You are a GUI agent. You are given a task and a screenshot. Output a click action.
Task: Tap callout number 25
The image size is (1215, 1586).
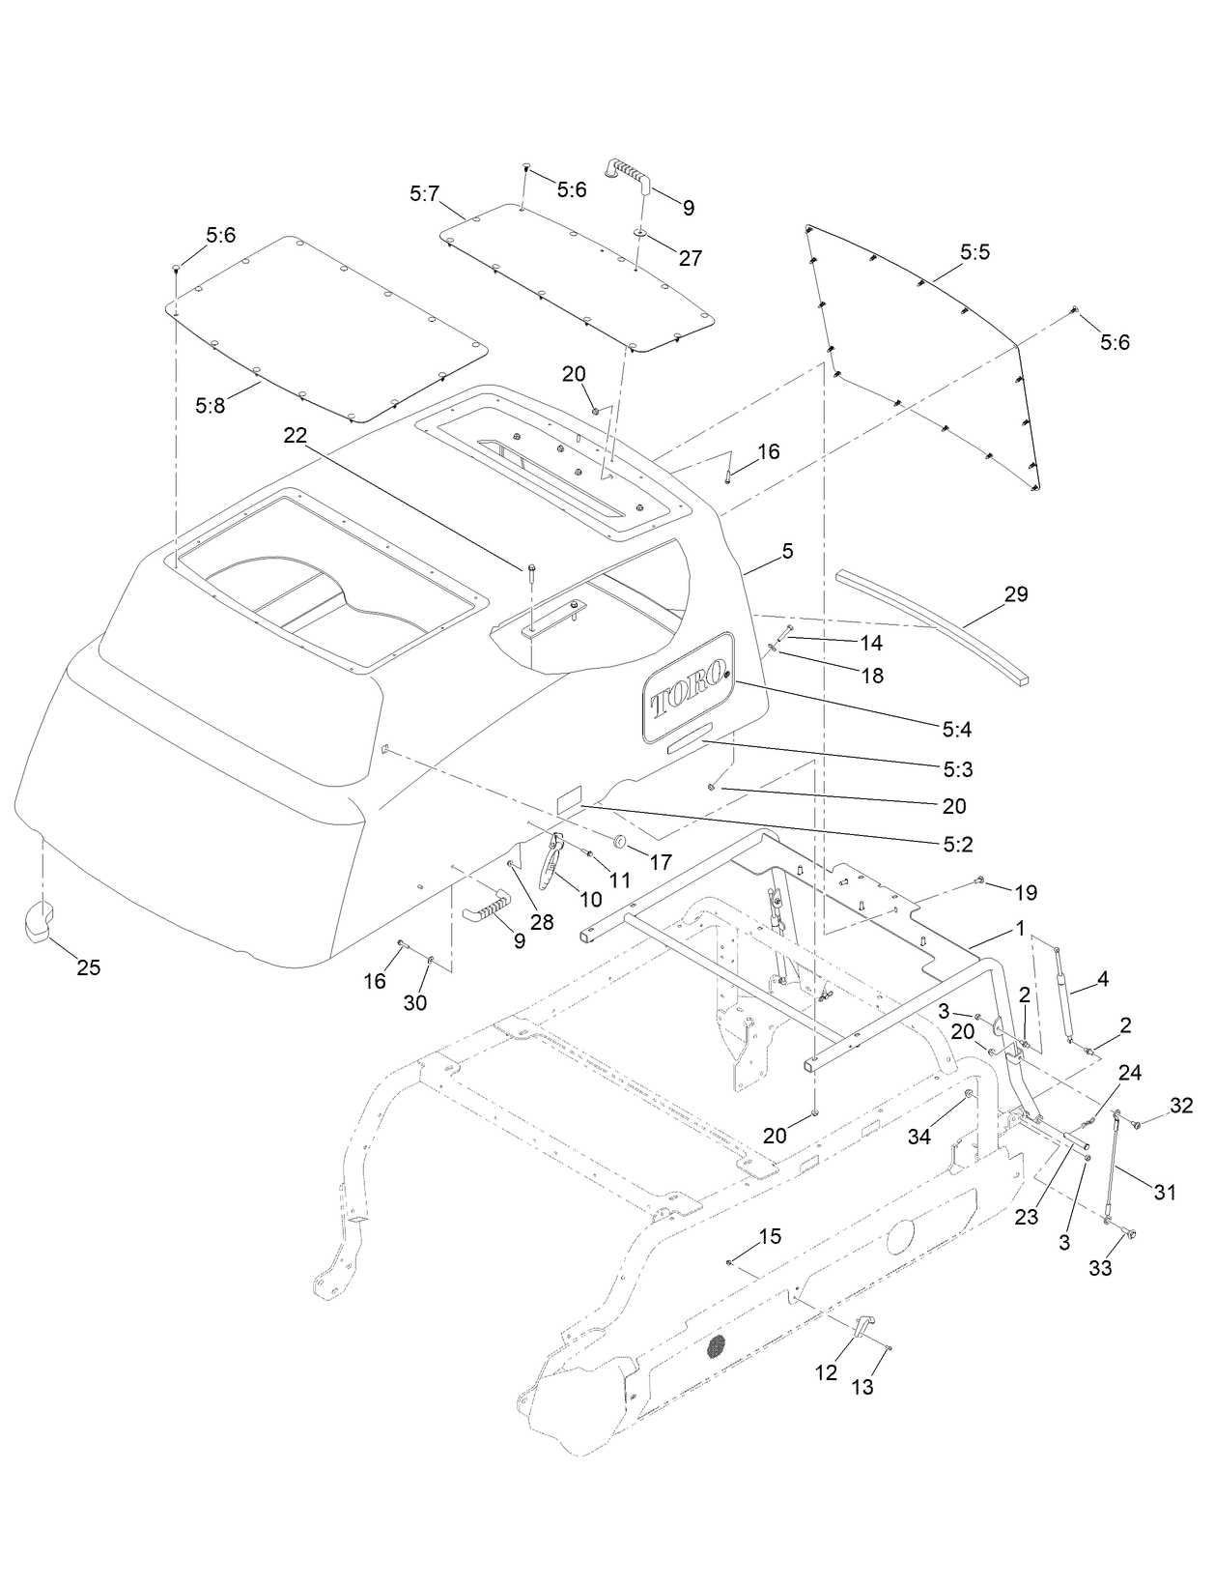pos(88,967)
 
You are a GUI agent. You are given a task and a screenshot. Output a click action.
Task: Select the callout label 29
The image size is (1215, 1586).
pos(1015,593)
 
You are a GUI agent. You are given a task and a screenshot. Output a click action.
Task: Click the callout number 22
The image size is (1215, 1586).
pos(295,436)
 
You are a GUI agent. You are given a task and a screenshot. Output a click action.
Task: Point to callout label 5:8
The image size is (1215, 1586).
pos(210,406)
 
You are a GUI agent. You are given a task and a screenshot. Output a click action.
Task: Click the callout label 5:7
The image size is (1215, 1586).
pos(424,194)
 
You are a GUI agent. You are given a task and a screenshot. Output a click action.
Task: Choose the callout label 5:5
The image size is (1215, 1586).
pos(975,252)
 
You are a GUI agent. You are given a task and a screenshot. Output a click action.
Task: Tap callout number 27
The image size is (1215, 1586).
pos(690,258)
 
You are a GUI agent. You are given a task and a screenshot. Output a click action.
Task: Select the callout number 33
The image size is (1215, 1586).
pos(1100,1268)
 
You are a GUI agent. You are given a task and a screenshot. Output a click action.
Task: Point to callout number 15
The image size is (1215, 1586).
pos(770,1236)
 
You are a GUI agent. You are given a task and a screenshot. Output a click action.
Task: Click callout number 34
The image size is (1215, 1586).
pos(918,1138)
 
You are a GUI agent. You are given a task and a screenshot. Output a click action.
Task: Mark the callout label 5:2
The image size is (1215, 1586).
pos(958,844)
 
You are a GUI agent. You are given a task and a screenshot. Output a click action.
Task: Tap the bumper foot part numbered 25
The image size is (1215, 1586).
pos(41,919)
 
